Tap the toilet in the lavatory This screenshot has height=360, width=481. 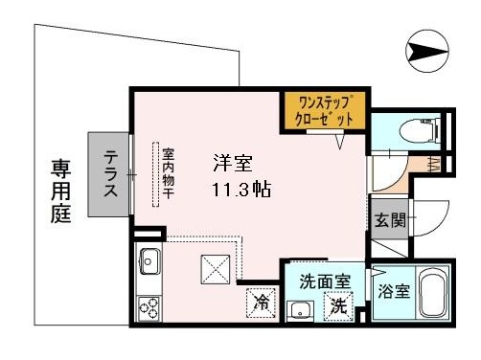(420, 129)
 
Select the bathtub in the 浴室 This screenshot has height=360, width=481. (432, 292)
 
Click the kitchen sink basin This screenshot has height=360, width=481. (149, 261)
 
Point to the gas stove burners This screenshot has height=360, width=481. (149, 308)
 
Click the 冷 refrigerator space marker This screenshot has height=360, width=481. (262, 303)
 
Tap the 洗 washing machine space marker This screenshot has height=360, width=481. (339, 306)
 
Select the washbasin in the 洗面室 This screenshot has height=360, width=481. (300, 310)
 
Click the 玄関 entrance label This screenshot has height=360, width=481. (390, 220)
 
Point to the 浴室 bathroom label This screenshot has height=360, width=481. (394, 291)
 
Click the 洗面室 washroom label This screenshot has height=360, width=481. (325, 281)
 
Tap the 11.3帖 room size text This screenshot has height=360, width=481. (241, 190)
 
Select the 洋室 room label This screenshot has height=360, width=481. (233, 164)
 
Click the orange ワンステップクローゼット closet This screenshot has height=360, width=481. (325, 111)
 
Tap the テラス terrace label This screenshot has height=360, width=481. (111, 174)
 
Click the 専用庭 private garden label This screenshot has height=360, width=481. (61, 191)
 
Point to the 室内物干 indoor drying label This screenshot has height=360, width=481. (169, 173)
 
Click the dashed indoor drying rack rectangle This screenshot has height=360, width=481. (156, 175)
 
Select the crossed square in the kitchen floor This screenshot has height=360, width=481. (216, 269)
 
